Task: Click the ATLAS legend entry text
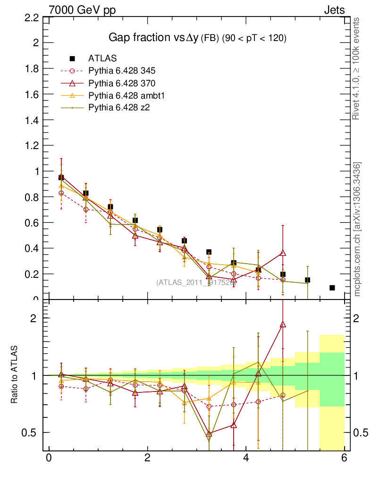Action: click(x=102, y=58)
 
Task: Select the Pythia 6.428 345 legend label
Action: click(x=122, y=71)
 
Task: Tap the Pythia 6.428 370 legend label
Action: click(x=122, y=83)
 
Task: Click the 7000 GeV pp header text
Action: click(x=82, y=10)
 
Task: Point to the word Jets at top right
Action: click(x=334, y=10)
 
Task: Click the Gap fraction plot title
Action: click(x=198, y=38)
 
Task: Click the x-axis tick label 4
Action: click(x=246, y=458)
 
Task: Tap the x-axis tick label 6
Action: click(x=345, y=458)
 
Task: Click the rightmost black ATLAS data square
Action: click(x=332, y=288)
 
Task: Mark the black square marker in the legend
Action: click(x=72, y=58)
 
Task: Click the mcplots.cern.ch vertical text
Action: click(x=357, y=229)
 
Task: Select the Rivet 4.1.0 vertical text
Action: click(x=357, y=68)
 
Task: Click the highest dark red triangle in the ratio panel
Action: click(x=283, y=325)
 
